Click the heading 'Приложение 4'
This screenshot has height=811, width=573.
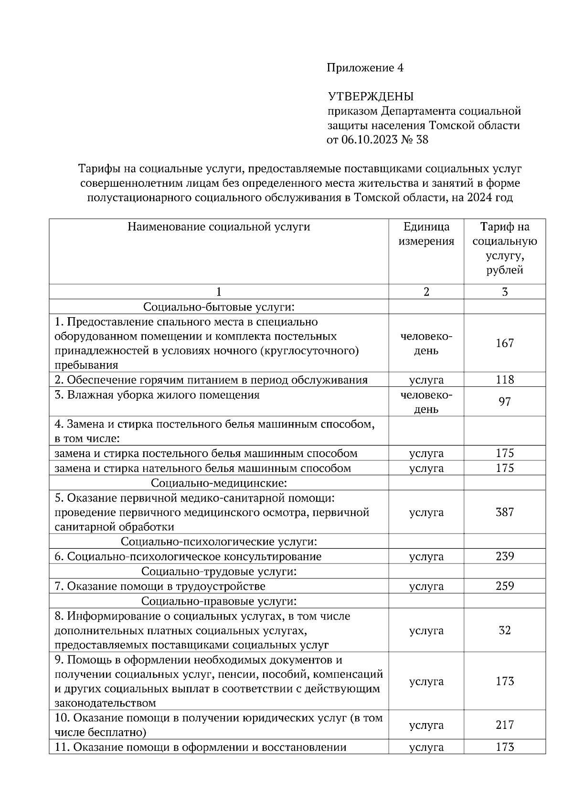pos(365,68)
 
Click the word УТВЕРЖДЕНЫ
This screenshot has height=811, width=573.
pos(371,97)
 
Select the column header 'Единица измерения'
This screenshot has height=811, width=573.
pos(426,234)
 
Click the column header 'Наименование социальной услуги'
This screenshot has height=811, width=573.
pos(219,227)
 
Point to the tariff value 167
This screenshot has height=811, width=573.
pos(504,343)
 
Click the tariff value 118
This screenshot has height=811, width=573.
pos(504,380)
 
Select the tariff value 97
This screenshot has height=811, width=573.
pos(504,402)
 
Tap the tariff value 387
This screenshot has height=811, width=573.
pos(504,512)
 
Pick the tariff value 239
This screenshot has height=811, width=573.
pos(504,556)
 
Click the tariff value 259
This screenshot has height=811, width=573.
pos(504,586)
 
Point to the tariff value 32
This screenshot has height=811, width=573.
pos(504,630)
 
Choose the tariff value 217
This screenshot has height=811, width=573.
pos(504,725)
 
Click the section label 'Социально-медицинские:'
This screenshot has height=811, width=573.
pos(219,483)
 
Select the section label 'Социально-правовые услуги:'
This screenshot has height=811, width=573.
pos(219,601)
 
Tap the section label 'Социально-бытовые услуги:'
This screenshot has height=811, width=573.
pos(219,307)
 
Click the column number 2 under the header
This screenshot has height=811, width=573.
pos(426,292)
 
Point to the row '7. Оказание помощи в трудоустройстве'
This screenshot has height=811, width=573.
pos(160,586)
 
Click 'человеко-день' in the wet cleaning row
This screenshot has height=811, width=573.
pos(426,402)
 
